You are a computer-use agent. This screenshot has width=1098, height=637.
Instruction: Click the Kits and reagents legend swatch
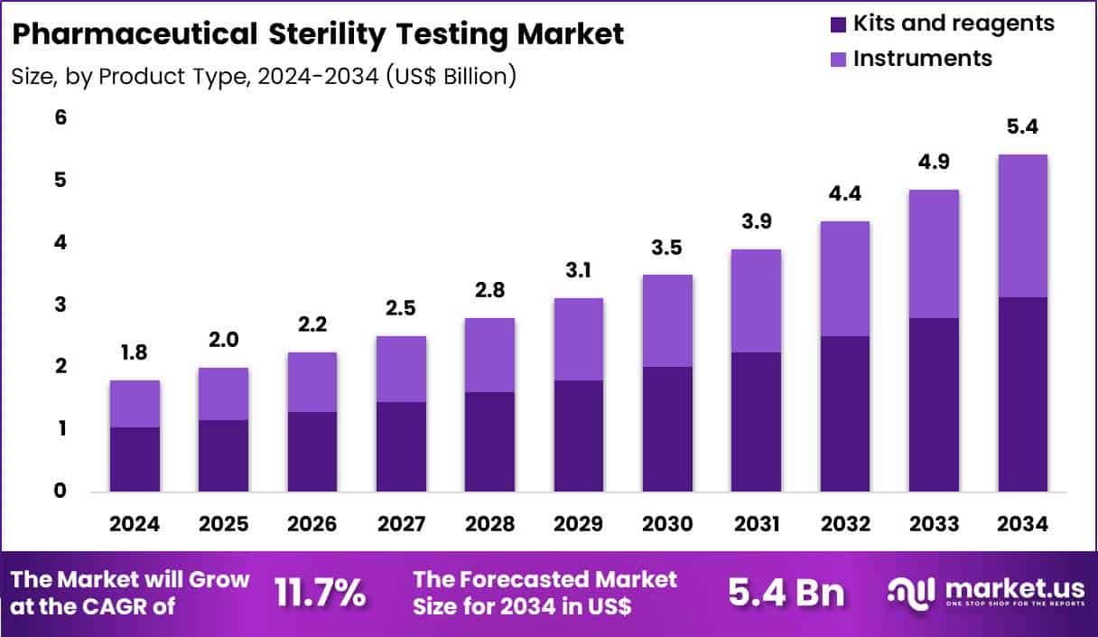[x=836, y=23]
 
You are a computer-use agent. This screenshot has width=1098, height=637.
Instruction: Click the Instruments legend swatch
[x=836, y=59]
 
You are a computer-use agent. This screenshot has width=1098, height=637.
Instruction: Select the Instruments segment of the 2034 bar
[x=1022, y=226]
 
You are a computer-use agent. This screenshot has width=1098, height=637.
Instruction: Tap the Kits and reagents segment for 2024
[x=135, y=459]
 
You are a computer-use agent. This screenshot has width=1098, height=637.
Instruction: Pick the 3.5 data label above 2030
[x=667, y=246]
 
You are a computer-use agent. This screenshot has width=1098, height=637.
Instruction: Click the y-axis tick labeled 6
[x=36, y=118]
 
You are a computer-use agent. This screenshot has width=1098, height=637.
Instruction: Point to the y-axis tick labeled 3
[x=36, y=304]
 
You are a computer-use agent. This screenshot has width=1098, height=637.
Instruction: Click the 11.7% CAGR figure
[x=320, y=594]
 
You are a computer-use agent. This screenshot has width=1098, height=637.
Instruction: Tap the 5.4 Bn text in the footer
[x=786, y=594]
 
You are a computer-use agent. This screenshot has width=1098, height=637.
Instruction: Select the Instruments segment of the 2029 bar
[x=579, y=339]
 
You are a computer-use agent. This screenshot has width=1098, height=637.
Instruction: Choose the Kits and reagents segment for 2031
[x=756, y=422]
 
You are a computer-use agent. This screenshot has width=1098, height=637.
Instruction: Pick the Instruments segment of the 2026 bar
[x=312, y=381]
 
